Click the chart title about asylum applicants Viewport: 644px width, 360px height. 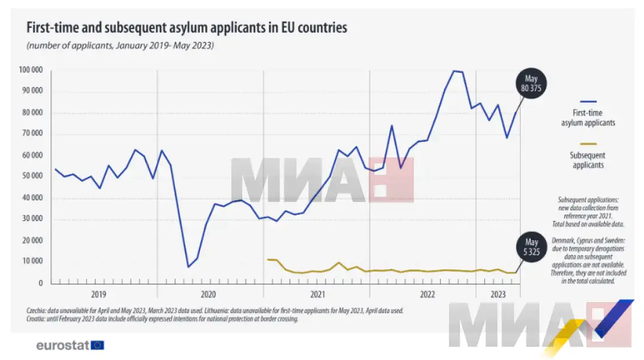pos(185,28)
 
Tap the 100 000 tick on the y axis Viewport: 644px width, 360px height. pos(31,70)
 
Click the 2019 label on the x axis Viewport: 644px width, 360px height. pos(99,294)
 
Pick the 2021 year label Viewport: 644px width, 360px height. pos(317,294)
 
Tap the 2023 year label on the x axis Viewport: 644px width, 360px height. pos(499,294)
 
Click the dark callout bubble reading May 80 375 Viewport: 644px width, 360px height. pos(531,85)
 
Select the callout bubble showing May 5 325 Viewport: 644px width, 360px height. pos(532,247)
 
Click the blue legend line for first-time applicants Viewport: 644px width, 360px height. pos(587,101)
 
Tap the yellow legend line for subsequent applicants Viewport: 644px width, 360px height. pos(587,144)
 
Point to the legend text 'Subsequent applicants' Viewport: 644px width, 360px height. pos(588,160)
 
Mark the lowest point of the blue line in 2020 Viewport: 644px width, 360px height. pos(188,266)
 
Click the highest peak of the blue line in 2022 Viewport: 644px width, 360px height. pos(454,71)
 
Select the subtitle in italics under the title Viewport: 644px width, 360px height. pos(119,46)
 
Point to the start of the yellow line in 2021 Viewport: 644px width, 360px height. pos(268,259)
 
